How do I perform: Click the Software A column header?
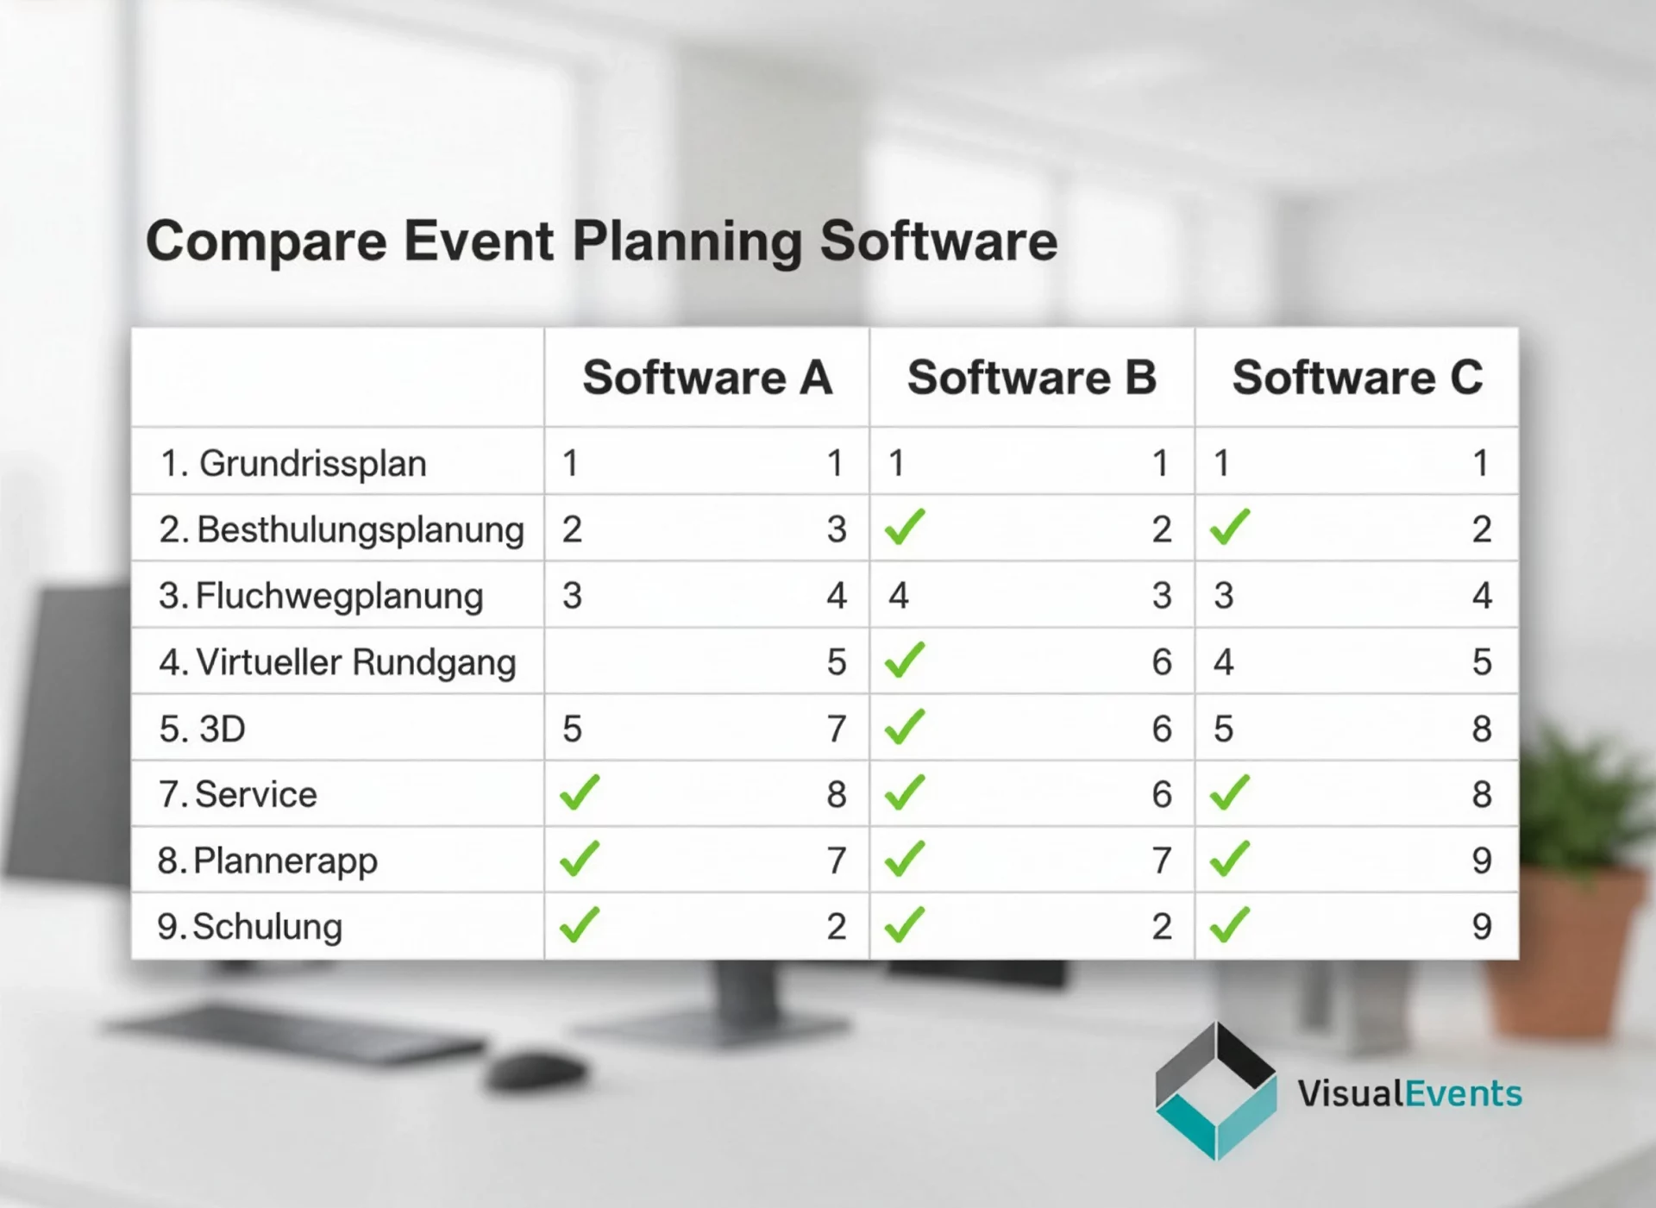pyautogui.click(x=706, y=378)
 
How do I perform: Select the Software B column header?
pyautogui.click(x=1032, y=378)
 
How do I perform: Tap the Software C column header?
pyautogui.click(x=1357, y=378)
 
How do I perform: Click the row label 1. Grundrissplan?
pyautogui.click(x=293, y=463)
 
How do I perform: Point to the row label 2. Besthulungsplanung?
pyautogui.click(x=342, y=529)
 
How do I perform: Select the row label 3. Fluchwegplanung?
pyautogui.click(x=321, y=596)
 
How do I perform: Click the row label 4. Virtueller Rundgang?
pyautogui.click(x=337, y=662)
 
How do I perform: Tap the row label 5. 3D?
pyautogui.click(x=202, y=729)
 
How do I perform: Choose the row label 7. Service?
pyautogui.click(x=237, y=794)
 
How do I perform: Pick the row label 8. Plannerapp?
pyautogui.click(x=267, y=861)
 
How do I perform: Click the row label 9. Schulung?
pyautogui.click(x=249, y=927)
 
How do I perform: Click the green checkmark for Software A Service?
pyautogui.click(x=579, y=792)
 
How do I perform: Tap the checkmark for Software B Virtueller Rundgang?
pyautogui.click(x=904, y=660)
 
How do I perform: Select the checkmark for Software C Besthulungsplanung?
pyautogui.click(x=1229, y=526)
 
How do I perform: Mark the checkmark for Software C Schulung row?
pyautogui.click(x=1229, y=924)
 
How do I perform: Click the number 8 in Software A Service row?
pyautogui.click(x=836, y=794)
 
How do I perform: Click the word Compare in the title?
pyautogui.click(x=266, y=241)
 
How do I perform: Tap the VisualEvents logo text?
pyautogui.click(x=1409, y=1093)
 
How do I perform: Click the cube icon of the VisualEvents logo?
pyautogui.click(x=1215, y=1091)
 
